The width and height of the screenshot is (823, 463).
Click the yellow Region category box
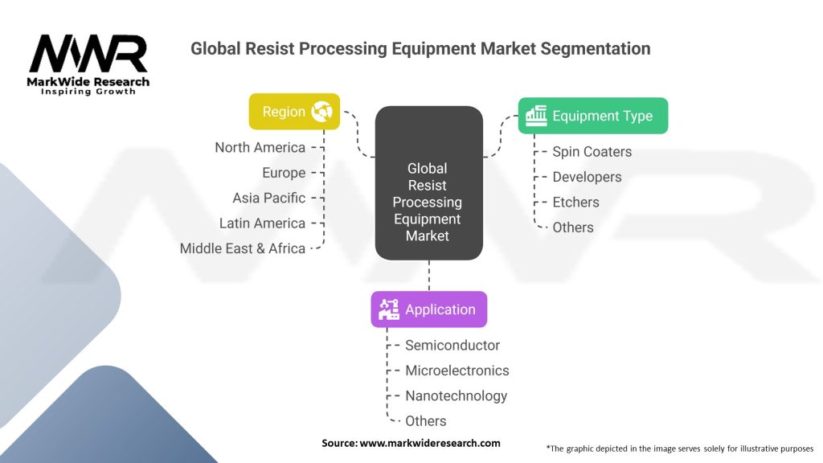[x=294, y=112]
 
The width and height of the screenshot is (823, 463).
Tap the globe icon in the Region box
[x=322, y=112]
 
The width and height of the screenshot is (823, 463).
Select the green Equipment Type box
[x=592, y=116]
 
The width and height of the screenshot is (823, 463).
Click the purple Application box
[x=428, y=309]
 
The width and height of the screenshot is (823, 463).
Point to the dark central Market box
[x=428, y=183]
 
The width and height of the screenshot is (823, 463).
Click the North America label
[x=260, y=148]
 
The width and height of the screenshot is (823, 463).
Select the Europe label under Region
[x=284, y=173]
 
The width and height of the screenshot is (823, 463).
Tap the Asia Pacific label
[x=268, y=198]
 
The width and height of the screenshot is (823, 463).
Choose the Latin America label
[x=262, y=223]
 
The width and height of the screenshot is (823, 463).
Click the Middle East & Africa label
[x=242, y=248]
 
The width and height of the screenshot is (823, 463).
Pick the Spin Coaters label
[x=592, y=152]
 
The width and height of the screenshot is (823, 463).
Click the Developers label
[x=587, y=177]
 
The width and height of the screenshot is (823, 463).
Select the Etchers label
[x=575, y=203]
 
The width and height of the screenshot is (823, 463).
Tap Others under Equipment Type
[x=573, y=227]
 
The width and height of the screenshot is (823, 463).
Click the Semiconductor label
[x=452, y=346]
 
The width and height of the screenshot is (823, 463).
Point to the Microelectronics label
[x=457, y=371]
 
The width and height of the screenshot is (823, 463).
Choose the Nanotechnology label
[x=456, y=395]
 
